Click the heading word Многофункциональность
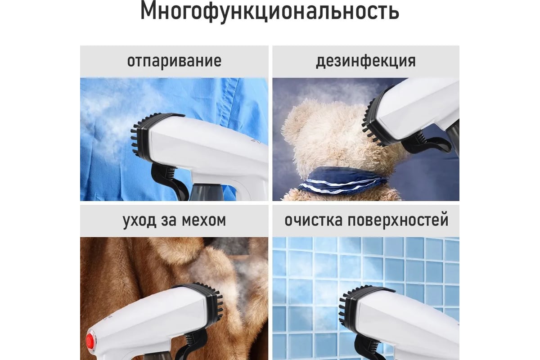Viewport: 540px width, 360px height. click(270, 12)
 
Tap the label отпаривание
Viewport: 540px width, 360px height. click(174, 61)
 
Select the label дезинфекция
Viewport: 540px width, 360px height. click(366, 61)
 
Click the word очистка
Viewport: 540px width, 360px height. click(313, 220)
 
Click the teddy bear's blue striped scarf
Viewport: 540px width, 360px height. click(340, 181)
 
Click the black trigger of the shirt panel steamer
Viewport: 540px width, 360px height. click(170, 180)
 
